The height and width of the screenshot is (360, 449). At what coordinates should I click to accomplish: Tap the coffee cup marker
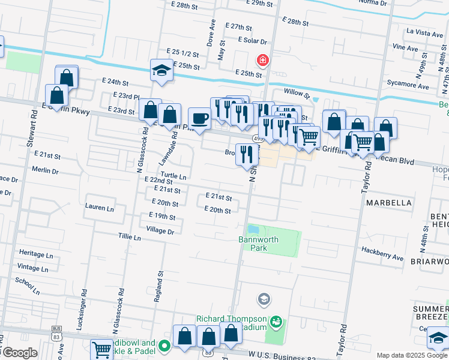(199, 118)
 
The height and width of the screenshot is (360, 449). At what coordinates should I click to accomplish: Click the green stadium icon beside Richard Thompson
(276, 322)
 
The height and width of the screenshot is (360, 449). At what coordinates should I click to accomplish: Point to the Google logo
(19, 353)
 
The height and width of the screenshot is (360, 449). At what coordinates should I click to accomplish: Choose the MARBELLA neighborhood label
(390, 203)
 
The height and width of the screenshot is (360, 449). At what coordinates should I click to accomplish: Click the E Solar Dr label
(252, 40)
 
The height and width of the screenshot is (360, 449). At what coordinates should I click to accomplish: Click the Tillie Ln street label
(129, 238)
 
